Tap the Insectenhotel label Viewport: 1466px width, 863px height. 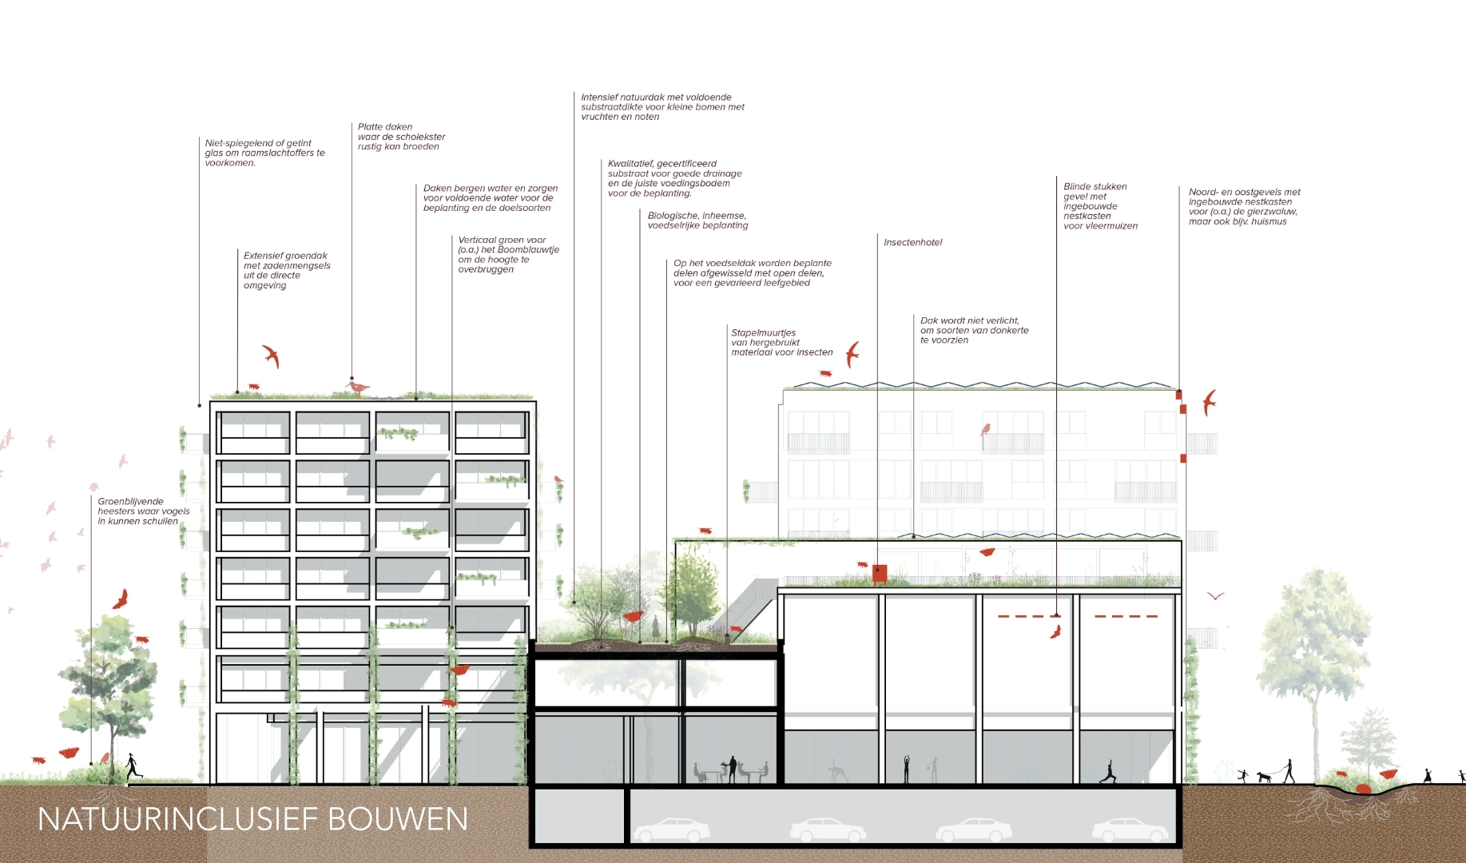[913, 243]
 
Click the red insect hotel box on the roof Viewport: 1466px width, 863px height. [880, 573]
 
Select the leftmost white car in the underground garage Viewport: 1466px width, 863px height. [671, 830]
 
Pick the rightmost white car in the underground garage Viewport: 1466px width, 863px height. [1130, 830]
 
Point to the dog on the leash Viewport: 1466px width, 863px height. [1263, 776]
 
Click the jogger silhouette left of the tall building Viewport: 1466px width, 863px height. [132, 766]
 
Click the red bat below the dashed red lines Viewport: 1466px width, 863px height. [1055, 632]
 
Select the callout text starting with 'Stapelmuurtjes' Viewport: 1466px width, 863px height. [781, 343]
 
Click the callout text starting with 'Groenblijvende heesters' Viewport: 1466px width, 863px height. [144, 511]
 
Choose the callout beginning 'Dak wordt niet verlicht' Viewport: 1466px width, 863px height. [974, 330]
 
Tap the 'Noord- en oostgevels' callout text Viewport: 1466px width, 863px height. [1244, 207]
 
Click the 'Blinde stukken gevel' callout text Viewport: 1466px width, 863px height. [1100, 206]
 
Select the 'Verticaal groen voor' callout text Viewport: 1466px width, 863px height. [508, 255]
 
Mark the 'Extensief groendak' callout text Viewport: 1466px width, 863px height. [287, 271]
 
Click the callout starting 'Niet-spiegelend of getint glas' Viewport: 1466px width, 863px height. [264, 153]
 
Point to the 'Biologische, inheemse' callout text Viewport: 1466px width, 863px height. [697, 221]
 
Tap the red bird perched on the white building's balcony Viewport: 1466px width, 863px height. [986, 429]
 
